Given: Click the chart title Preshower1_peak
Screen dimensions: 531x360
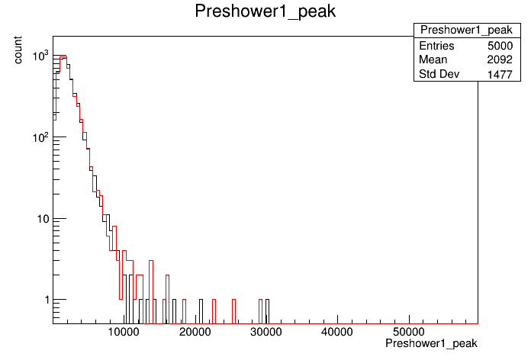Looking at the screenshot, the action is tap(265, 11).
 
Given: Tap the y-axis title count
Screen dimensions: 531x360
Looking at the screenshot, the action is tap(18, 50).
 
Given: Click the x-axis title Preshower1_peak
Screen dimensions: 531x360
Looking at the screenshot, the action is tap(431, 343).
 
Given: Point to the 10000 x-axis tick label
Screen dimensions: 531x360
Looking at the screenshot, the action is tap(124, 332).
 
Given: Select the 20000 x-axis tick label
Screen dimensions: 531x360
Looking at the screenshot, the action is tap(195, 332).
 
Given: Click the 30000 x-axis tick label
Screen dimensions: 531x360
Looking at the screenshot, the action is tap(266, 332).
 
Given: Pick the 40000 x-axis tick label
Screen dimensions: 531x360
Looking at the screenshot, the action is tap(337, 332).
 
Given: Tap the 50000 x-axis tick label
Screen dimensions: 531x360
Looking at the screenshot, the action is tap(409, 332).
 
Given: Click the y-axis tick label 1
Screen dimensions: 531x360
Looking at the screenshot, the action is tap(47, 300).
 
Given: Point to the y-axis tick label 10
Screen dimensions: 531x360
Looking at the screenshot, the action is tap(43, 219).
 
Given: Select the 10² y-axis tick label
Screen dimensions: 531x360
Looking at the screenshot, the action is tap(40, 137).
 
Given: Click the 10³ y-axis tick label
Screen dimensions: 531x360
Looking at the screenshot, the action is tap(40, 55).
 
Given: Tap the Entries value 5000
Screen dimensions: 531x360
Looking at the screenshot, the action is tap(500, 46).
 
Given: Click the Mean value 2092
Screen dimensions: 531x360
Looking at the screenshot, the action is tap(500, 59).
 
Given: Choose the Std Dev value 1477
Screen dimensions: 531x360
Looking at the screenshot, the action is tap(500, 74).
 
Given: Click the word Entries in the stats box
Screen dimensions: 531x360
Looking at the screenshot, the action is tap(436, 46).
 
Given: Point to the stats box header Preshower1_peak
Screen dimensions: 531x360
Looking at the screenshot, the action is tap(466, 31).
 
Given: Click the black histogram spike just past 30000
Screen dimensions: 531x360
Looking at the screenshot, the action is tap(268, 312).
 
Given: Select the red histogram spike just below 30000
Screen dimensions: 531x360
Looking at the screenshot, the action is tap(260, 312).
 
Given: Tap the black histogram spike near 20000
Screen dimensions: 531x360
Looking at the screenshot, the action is tap(201, 312).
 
